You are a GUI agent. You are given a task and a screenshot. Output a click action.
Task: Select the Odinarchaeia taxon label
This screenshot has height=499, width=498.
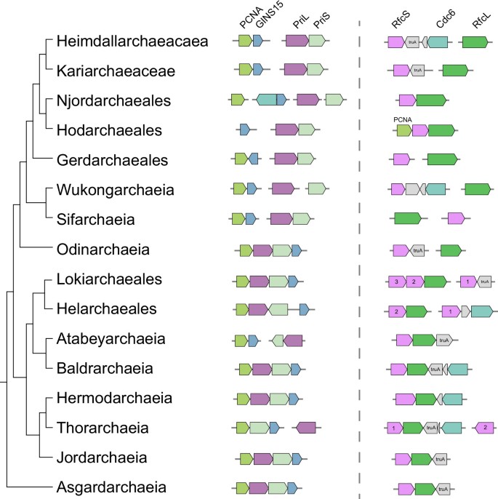(x=103, y=250)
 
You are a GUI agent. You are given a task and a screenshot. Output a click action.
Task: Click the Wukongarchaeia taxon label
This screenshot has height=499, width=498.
(x=115, y=190)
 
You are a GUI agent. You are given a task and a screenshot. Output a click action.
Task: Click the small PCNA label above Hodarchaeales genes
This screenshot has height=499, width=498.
(x=403, y=116)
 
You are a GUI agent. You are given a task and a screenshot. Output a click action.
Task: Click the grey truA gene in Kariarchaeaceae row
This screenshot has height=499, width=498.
(x=417, y=71)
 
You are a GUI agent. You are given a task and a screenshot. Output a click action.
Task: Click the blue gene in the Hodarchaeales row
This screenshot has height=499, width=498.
(x=244, y=130)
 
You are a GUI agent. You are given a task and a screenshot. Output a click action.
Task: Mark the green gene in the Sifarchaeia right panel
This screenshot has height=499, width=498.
(x=407, y=217)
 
